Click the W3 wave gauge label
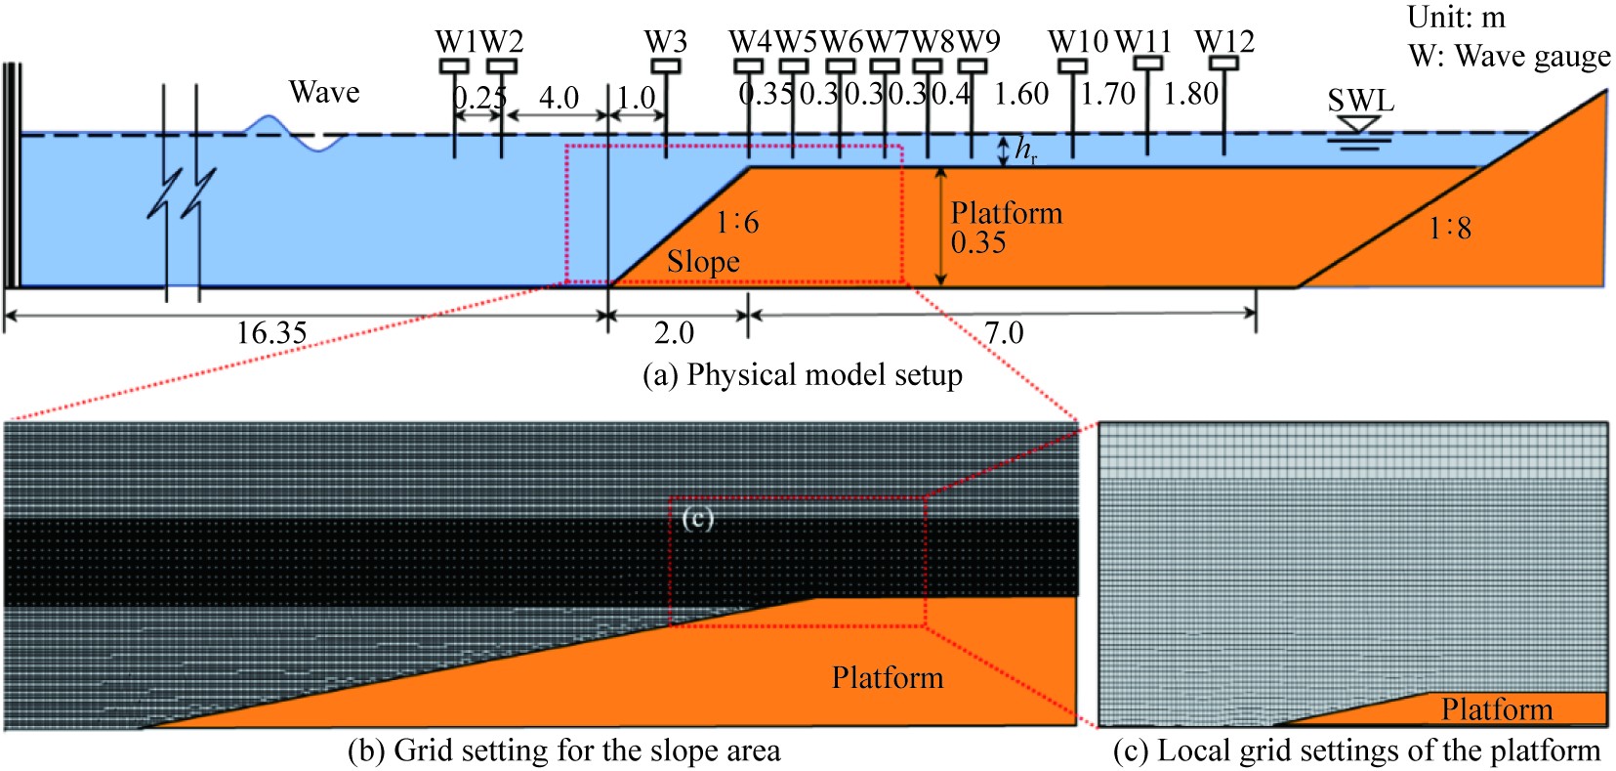(665, 42)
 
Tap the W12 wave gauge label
(1224, 42)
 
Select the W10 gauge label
(1078, 42)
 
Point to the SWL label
(1360, 101)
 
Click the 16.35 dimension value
(271, 333)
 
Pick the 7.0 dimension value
(1004, 333)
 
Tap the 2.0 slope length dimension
(674, 333)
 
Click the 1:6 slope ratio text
(737, 223)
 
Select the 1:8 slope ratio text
(1450, 229)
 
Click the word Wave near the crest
(324, 93)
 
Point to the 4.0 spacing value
(559, 98)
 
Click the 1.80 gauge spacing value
(1191, 94)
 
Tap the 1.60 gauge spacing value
(1021, 94)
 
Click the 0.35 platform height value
(978, 242)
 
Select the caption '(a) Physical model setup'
(803, 375)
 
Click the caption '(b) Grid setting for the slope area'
(564, 750)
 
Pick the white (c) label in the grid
(697, 517)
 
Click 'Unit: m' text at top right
(1457, 17)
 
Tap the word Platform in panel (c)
(1497, 708)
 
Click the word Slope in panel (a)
(703, 262)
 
